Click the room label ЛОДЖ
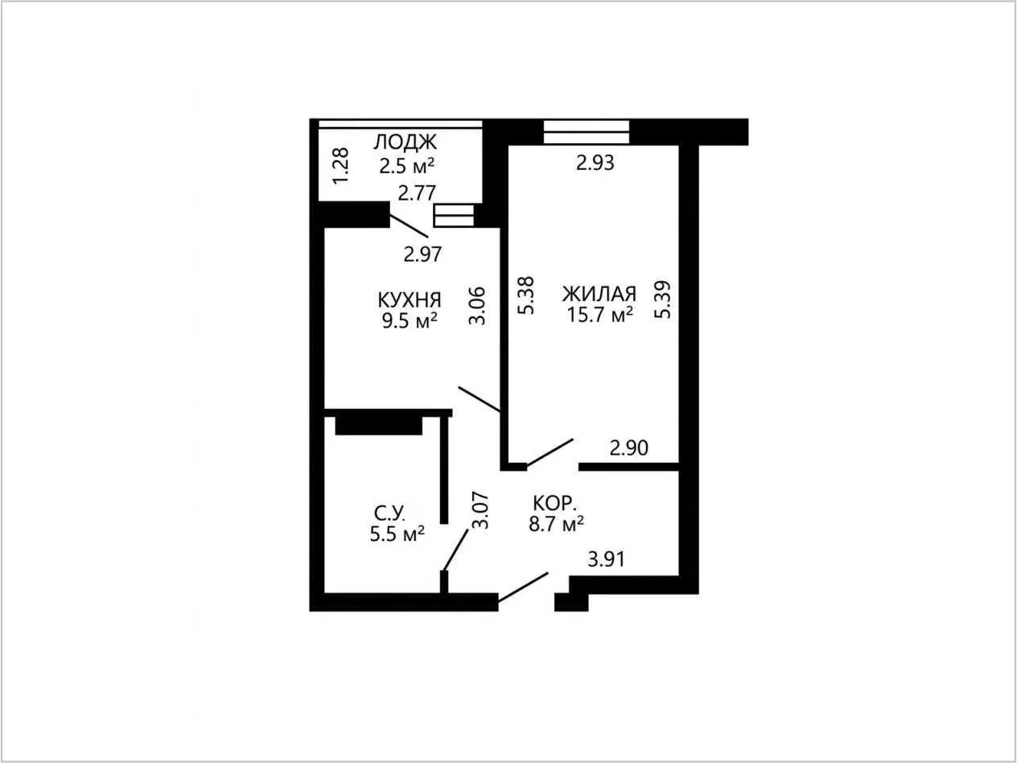(x=405, y=142)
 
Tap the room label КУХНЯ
(x=410, y=300)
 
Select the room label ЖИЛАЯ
(x=599, y=294)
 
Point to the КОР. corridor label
(x=554, y=503)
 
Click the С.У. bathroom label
(x=389, y=513)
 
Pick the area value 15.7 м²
(x=600, y=315)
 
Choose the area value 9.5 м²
(x=410, y=320)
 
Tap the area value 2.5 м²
(x=406, y=165)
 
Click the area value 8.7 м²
(x=556, y=525)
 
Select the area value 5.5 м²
(x=397, y=534)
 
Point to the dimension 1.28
(x=341, y=166)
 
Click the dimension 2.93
(x=595, y=163)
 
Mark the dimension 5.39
(x=662, y=299)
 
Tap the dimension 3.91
(x=607, y=559)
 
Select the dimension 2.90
(x=628, y=448)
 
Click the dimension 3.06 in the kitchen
(x=477, y=306)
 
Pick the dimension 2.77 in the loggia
(x=417, y=193)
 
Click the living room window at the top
(x=586, y=132)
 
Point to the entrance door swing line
(x=523, y=587)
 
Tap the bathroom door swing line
(x=455, y=551)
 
